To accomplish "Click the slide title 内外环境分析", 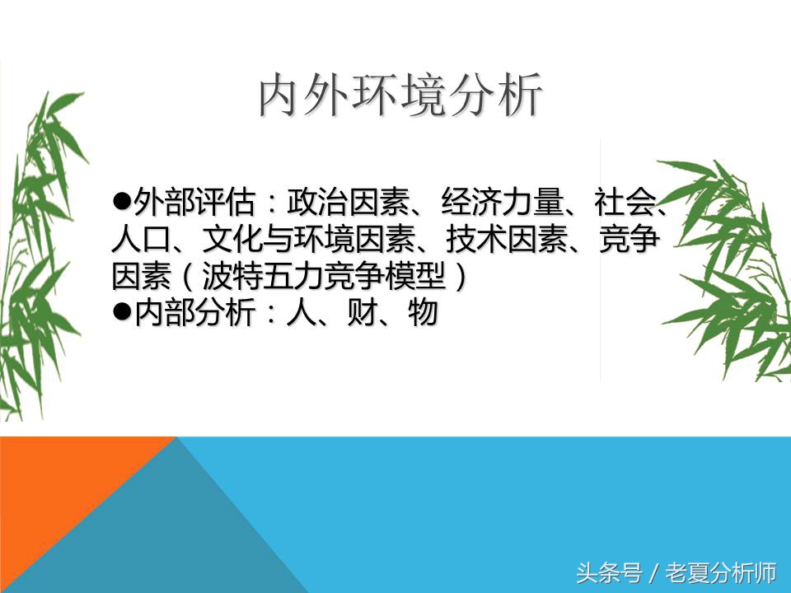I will pyautogui.click(x=401, y=96).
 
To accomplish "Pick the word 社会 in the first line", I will pyautogui.click(x=631, y=201).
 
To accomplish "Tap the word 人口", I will pyautogui.click(x=138, y=239).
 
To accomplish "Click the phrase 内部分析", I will pyautogui.click(x=192, y=314).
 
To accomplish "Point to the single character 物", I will pyautogui.click(x=422, y=314).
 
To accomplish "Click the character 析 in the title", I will pyautogui.click(x=521, y=96).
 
